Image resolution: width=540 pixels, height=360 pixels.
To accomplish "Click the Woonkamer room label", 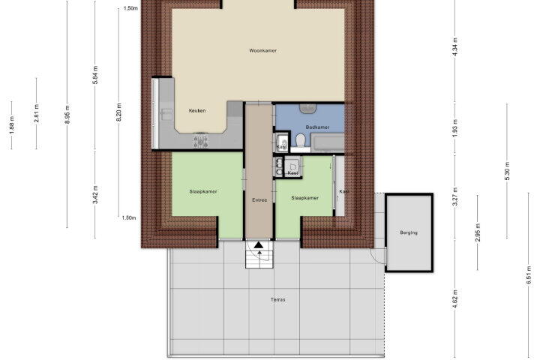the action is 263,51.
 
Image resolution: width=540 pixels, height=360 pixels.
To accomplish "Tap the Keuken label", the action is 197,110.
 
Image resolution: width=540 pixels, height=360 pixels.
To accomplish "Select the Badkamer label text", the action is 317,127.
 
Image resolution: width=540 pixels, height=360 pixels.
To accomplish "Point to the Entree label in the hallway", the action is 259,199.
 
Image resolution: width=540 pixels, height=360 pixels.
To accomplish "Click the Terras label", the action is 278,300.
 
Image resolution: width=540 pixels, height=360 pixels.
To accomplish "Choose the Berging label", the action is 409,232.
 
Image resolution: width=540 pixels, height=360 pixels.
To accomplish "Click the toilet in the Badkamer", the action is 301,141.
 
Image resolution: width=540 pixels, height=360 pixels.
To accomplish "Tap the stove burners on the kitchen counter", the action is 201,141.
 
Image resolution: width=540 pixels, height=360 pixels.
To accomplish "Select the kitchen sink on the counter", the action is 167,114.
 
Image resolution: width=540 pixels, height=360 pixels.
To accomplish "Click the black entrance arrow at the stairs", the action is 259,245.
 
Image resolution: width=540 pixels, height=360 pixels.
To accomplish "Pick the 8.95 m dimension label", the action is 67,114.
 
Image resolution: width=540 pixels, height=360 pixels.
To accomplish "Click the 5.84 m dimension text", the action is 96,75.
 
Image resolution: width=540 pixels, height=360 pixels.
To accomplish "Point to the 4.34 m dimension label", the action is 455,46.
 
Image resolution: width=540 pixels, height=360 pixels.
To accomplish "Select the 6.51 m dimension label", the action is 529,275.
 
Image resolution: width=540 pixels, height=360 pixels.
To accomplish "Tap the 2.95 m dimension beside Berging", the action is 478,232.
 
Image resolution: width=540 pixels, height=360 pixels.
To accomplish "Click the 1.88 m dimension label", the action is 12,125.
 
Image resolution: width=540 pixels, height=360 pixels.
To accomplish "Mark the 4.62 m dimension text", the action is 455,299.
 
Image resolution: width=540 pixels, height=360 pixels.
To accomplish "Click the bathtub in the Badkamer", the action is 327,142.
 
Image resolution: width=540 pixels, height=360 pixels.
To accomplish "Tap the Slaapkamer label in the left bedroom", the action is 203,191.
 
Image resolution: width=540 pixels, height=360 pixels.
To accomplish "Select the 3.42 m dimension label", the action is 96,195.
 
